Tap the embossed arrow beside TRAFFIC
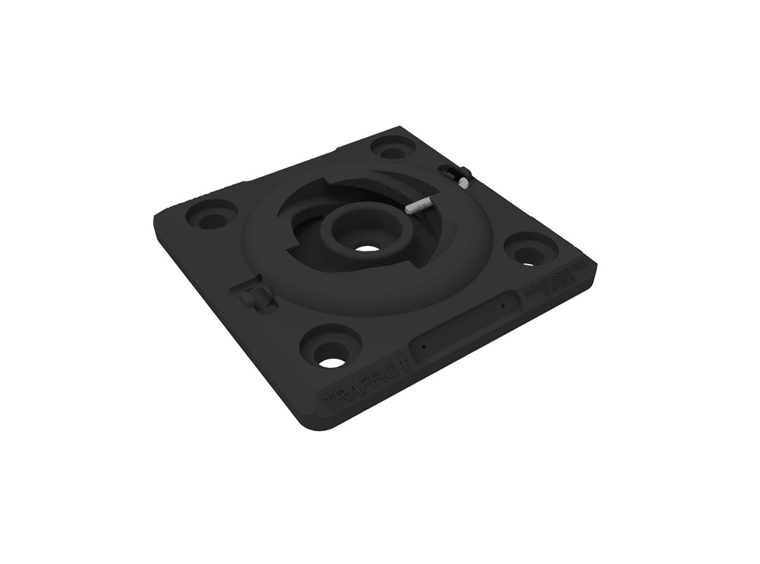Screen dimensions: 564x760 click(x=404, y=362)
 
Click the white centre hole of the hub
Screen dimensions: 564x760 click(x=366, y=248)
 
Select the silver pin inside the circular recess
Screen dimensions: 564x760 click(x=417, y=206)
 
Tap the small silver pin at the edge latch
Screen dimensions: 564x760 click(x=463, y=181)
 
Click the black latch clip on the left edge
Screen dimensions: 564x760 click(x=253, y=296)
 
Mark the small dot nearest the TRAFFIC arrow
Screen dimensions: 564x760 click(x=424, y=347)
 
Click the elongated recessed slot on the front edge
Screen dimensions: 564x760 click(x=463, y=327)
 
